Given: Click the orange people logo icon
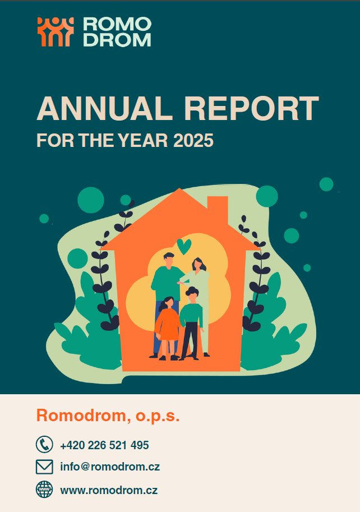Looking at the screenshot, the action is tap(56, 31).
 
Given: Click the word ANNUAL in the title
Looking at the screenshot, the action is tap(104, 109).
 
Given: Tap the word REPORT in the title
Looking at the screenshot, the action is tap(251, 109).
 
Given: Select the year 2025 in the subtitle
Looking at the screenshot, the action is tap(193, 140).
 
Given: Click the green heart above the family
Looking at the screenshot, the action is tap(184, 246).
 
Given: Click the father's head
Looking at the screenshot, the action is tap(169, 260).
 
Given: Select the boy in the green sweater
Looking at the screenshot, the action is tap(192, 323).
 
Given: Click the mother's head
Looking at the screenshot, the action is tap(198, 265).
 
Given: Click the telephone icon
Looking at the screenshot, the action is tap(44, 444).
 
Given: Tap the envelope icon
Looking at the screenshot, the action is tap(44, 467).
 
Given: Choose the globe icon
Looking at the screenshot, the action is tap(44, 490).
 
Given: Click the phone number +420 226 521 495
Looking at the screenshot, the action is tap(104, 445).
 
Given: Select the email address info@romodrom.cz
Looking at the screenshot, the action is tap(110, 467).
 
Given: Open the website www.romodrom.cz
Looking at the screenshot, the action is tap(109, 490).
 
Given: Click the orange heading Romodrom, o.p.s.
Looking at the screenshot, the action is tap(108, 416).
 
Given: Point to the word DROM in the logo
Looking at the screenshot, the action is tap(117, 40).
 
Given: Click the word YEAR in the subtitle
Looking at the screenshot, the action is tap(143, 140).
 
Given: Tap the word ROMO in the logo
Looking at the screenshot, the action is tap(117, 24).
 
